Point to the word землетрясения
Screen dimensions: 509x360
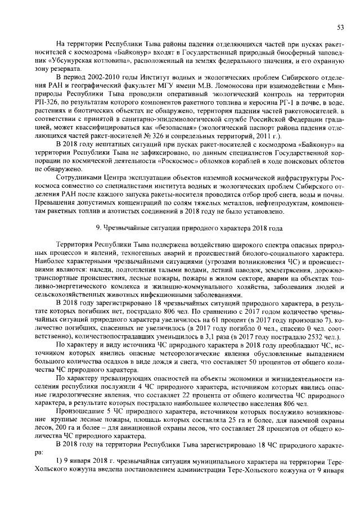[x=279, y=262]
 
